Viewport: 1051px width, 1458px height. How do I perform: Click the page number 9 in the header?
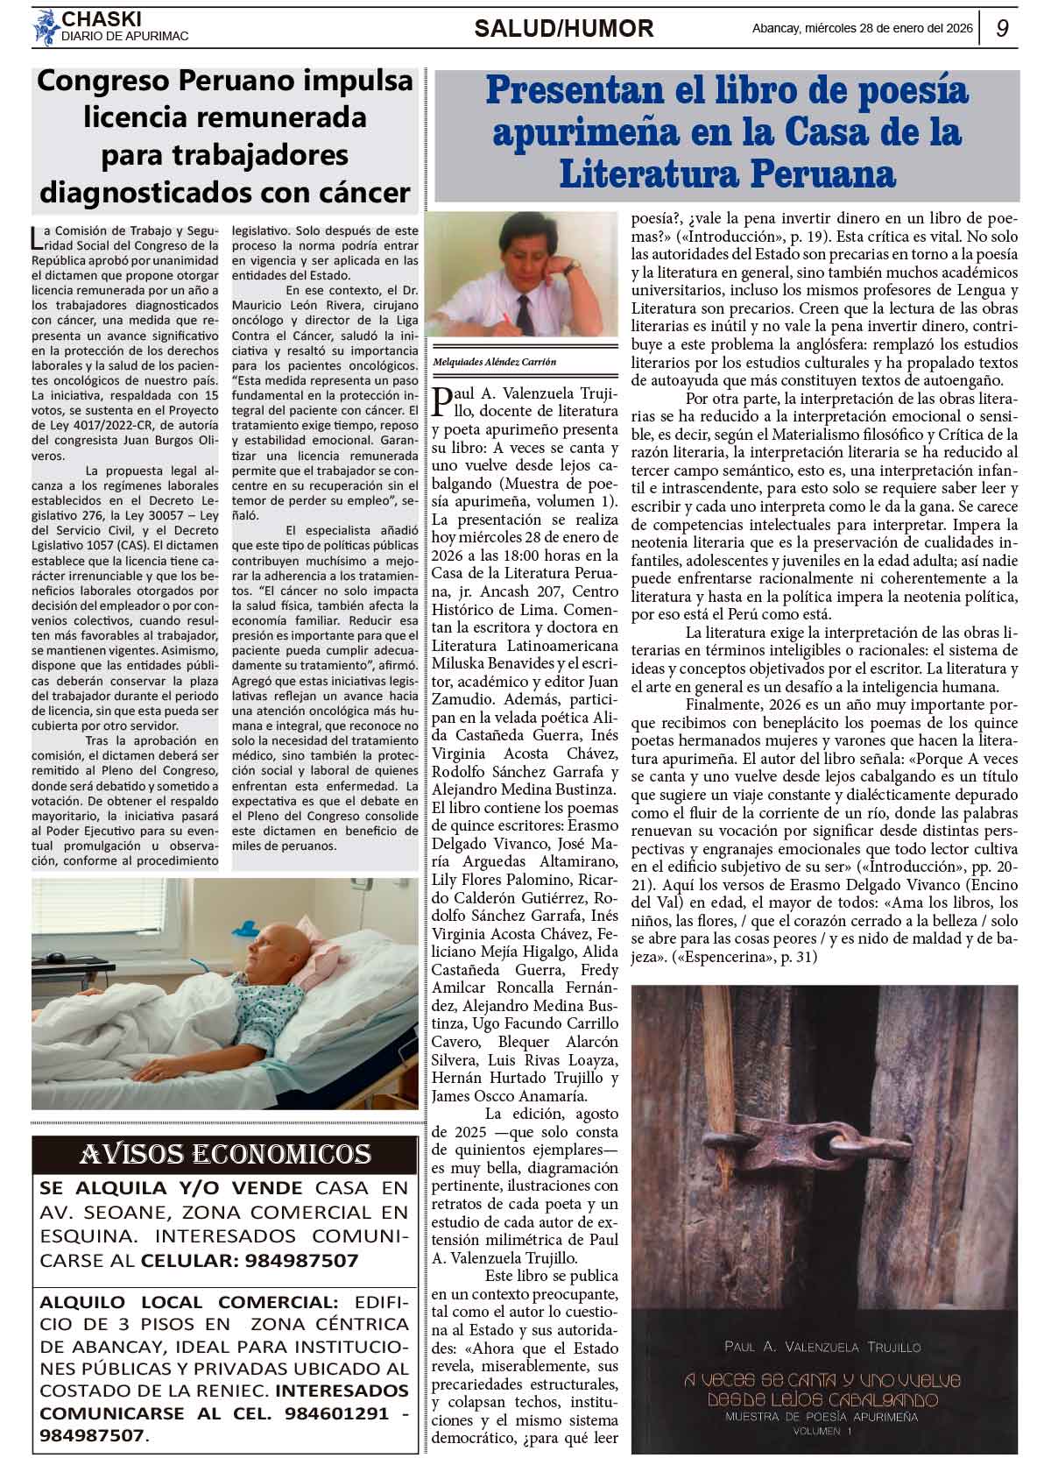[x=1002, y=28]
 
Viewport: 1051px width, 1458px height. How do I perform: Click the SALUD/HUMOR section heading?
[x=563, y=29]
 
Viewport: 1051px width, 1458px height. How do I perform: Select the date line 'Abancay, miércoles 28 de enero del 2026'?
[x=863, y=28]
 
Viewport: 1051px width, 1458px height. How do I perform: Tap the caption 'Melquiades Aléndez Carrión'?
[x=495, y=362]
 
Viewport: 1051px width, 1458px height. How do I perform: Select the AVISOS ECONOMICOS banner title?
[x=225, y=1154]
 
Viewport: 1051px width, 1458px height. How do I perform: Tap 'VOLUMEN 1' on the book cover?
[x=822, y=1432]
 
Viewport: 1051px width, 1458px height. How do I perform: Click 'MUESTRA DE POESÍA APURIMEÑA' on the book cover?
[x=822, y=1416]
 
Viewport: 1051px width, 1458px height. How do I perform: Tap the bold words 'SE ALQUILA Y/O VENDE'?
[x=172, y=1188]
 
